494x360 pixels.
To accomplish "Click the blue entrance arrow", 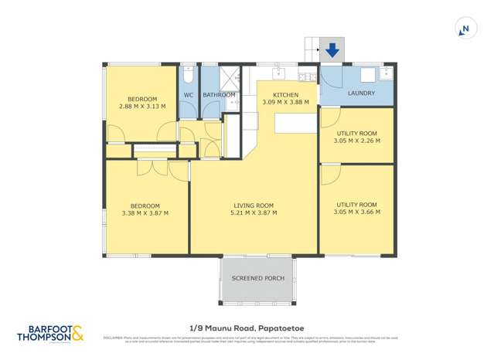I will pos(332,50).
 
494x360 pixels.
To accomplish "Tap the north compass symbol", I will pos(465,29).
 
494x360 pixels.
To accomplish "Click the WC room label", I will pos(188,95).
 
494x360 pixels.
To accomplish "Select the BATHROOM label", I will pos(219,95).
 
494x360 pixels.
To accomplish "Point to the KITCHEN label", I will pos(285,93).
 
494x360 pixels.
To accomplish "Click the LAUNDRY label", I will pos(361,93).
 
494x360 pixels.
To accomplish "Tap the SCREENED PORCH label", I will pos(257,278).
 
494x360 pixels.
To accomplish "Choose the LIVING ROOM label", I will pos(254,205).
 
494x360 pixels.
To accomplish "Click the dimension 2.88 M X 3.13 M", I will pos(142,107).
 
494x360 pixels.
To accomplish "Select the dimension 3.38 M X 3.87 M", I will pos(145,213).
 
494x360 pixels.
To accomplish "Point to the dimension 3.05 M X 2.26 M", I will pos(356,141).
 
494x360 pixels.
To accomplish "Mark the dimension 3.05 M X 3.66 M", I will pos(356,212).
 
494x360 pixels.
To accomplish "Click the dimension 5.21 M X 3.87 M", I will pos(254,213).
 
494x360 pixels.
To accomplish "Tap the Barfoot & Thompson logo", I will pos(51,333).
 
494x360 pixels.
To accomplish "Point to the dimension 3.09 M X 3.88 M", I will pos(285,102).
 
